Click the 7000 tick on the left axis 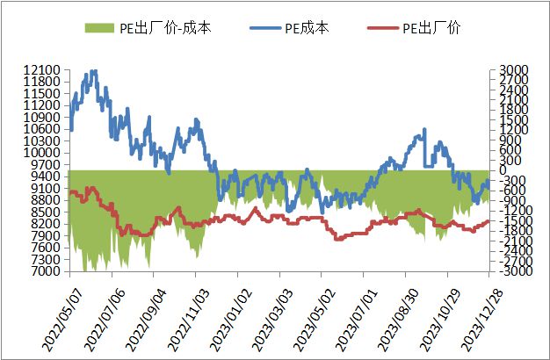coord(45,272)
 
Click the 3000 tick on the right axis coord(512,70)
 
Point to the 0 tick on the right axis coord(503,171)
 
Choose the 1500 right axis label coord(512,120)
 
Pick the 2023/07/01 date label coord(349,312)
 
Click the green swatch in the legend coord(100,28)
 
